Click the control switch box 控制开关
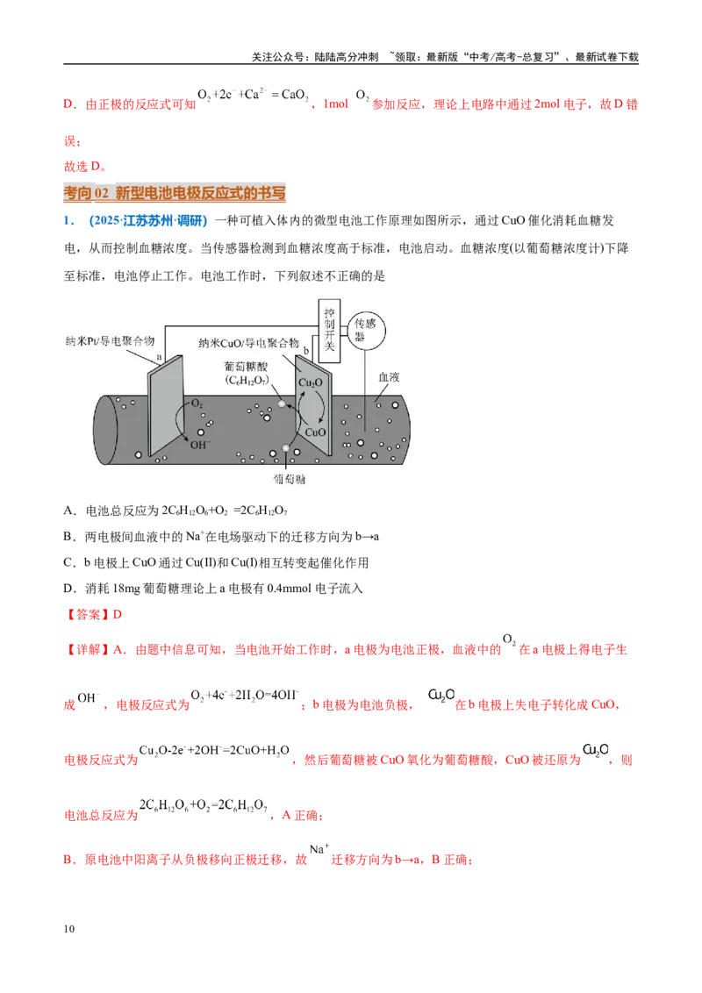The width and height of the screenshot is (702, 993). [329, 331]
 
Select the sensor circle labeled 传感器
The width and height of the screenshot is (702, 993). [366, 331]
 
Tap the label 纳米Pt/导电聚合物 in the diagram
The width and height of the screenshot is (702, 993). [110, 340]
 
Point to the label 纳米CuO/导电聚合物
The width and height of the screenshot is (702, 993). [248, 343]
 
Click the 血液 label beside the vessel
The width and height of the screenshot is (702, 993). [389, 377]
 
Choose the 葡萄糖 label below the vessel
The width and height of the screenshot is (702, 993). [289, 480]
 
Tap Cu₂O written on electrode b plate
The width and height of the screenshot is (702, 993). [311, 382]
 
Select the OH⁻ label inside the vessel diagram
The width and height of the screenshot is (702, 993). [200, 445]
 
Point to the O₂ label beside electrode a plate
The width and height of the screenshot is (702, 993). [197, 404]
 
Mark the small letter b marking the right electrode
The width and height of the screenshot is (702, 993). [306, 350]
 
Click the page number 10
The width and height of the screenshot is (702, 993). [69, 929]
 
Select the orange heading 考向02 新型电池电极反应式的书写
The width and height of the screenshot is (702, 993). [175, 192]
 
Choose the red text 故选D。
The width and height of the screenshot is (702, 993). [85, 166]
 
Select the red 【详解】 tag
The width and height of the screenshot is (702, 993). [88, 649]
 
